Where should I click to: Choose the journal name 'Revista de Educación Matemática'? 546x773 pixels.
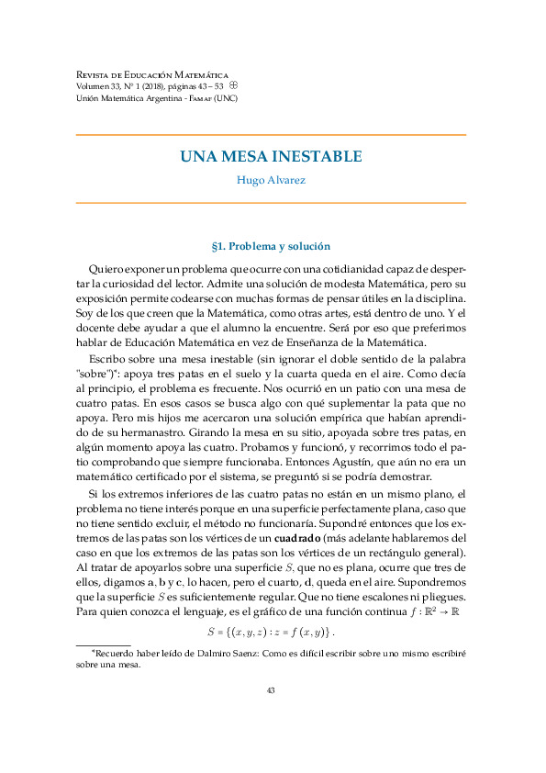pos(151,73)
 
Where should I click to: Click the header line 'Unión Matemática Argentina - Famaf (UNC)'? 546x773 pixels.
pos(157,98)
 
